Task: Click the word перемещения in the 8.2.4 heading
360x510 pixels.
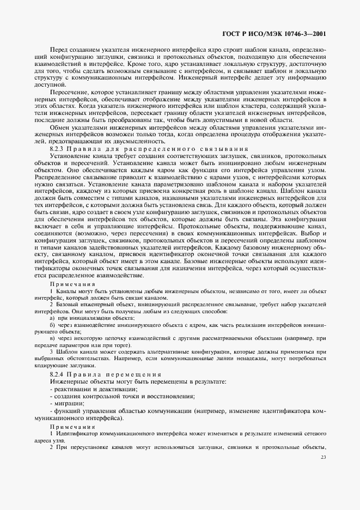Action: click(x=137, y=374)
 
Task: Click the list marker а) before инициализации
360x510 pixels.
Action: click(x=52, y=317)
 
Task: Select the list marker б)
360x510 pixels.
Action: click(x=52, y=324)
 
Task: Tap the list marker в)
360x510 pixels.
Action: click(x=52, y=338)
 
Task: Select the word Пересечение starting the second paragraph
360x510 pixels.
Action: click(x=68, y=92)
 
